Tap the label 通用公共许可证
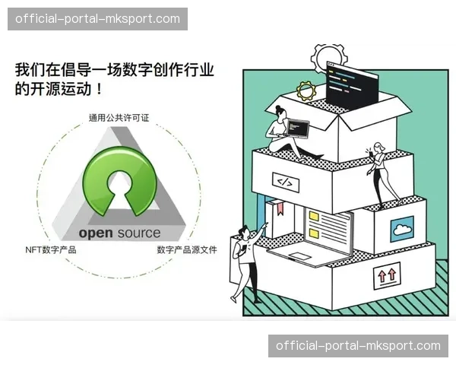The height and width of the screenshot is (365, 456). click(x=119, y=118)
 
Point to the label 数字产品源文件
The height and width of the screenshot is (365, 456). click(x=186, y=249)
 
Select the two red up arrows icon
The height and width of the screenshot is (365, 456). click(x=386, y=276)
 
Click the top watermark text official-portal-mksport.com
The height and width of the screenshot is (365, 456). click(x=97, y=19)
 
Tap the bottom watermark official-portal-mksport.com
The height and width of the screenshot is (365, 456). click(x=358, y=346)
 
